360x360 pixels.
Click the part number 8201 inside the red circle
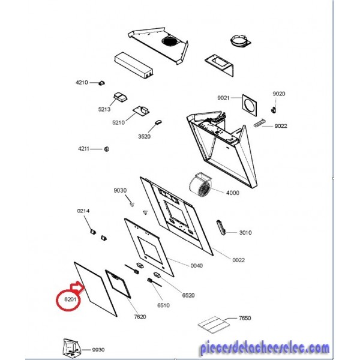point(70,299)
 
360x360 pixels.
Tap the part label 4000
point(233,193)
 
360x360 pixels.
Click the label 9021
point(223,98)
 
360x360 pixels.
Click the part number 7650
point(245,318)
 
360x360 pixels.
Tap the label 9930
point(98,350)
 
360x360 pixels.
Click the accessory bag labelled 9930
point(71,349)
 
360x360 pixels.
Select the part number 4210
point(82,82)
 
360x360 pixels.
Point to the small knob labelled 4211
point(107,149)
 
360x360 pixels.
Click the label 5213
point(104,109)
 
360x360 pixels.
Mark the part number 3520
point(144,137)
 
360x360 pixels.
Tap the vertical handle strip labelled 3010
point(221,227)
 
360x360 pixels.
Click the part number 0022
point(239,260)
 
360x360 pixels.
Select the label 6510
point(163,305)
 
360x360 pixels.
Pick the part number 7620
point(140,317)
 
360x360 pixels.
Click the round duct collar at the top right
point(240,41)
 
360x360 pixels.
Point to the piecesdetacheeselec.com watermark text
point(265,349)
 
